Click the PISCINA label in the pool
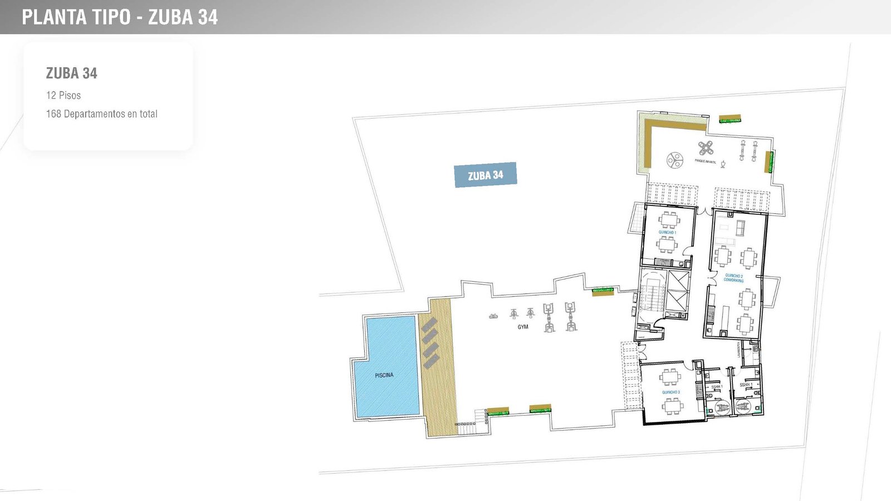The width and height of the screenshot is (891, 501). [384, 375]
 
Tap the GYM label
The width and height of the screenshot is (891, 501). [522, 327]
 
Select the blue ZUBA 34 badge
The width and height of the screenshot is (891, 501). [486, 175]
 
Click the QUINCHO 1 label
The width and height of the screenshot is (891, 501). [667, 232]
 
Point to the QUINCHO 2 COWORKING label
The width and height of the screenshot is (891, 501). [733, 278]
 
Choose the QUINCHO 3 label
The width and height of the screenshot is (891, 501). [670, 392]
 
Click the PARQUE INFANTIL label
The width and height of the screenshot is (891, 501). [706, 161]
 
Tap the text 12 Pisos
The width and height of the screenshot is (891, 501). [63, 95]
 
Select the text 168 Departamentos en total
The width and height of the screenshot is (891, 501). [101, 114]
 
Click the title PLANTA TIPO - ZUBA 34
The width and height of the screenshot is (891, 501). [120, 17]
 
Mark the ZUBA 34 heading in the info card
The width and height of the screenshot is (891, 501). [71, 73]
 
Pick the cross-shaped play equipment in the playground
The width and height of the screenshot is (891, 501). [706, 148]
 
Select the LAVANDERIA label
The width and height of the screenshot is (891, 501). [738, 349]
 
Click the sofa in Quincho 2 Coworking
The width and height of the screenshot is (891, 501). [741, 228]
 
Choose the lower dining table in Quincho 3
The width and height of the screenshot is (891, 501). [671, 406]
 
